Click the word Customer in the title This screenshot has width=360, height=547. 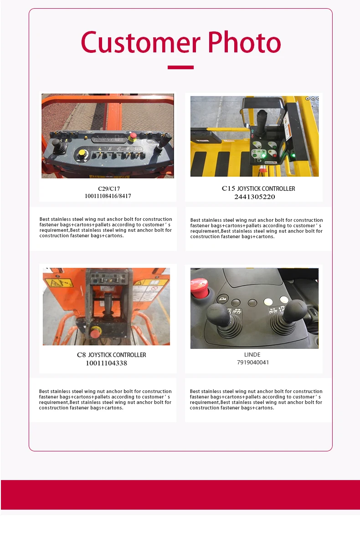click(140, 43)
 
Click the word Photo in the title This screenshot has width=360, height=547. click(244, 43)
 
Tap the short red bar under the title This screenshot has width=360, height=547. click(180, 67)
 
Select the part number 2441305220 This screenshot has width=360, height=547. click(255, 197)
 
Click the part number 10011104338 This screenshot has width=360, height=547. click(106, 363)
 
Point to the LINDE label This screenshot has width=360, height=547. click(252, 354)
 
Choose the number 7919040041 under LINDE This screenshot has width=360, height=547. click(253, 363)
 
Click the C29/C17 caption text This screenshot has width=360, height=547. click(109, 189)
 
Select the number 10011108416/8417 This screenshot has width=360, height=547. click(108, 196)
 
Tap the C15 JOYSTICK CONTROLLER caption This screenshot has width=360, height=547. click(258, 189)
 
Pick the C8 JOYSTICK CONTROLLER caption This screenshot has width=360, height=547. click(111, 355)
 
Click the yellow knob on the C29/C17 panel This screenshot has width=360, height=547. click(82, 153)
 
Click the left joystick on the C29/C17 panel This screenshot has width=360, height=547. click(56, 145)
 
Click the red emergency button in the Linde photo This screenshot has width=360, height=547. click(199, 286)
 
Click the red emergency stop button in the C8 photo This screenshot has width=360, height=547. click(95, 332)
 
